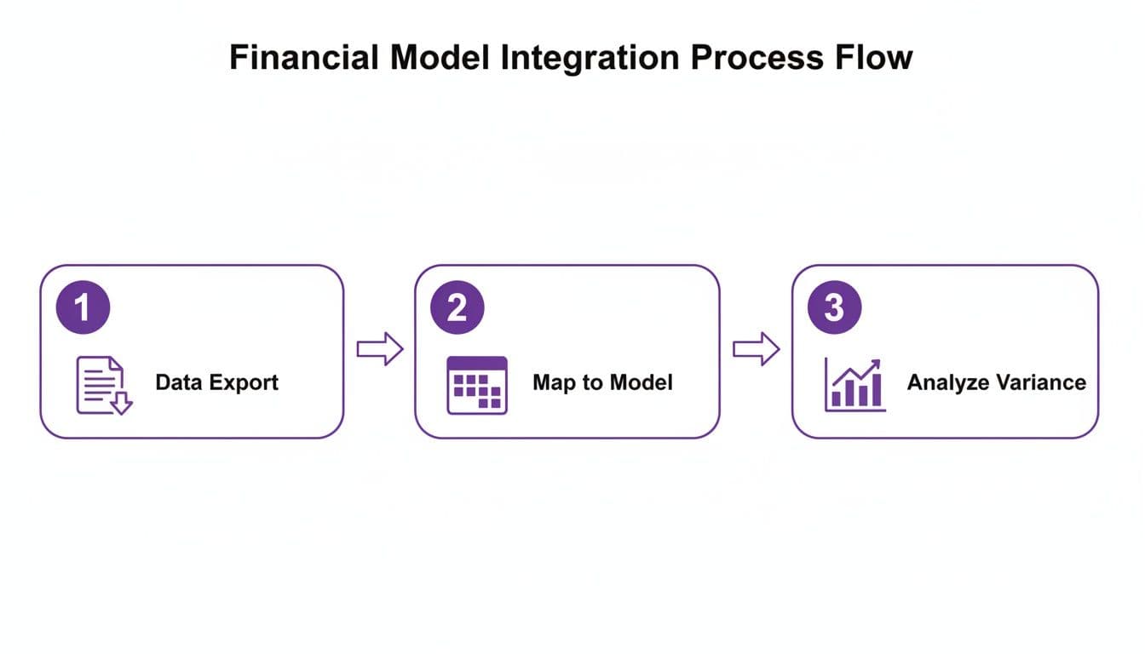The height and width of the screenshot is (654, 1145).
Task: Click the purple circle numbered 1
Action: coord(83,307)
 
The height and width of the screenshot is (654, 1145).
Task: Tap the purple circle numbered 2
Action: coord(457,307)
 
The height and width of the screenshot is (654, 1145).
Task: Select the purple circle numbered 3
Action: coord(834,307)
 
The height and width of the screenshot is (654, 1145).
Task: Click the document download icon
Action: coord(103,386)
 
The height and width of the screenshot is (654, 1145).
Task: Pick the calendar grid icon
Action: coord(477,386)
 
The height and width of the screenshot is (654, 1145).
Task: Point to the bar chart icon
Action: coord(854,386)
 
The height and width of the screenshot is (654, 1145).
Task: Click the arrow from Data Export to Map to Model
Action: coord(379,348)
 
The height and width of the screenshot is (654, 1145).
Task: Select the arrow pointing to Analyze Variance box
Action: coord(757,348)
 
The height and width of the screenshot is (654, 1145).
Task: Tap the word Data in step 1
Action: coord(177,382)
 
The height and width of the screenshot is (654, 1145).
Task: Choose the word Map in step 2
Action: coord(554,382)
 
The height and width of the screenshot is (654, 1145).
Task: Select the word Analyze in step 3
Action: coord(946,382)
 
